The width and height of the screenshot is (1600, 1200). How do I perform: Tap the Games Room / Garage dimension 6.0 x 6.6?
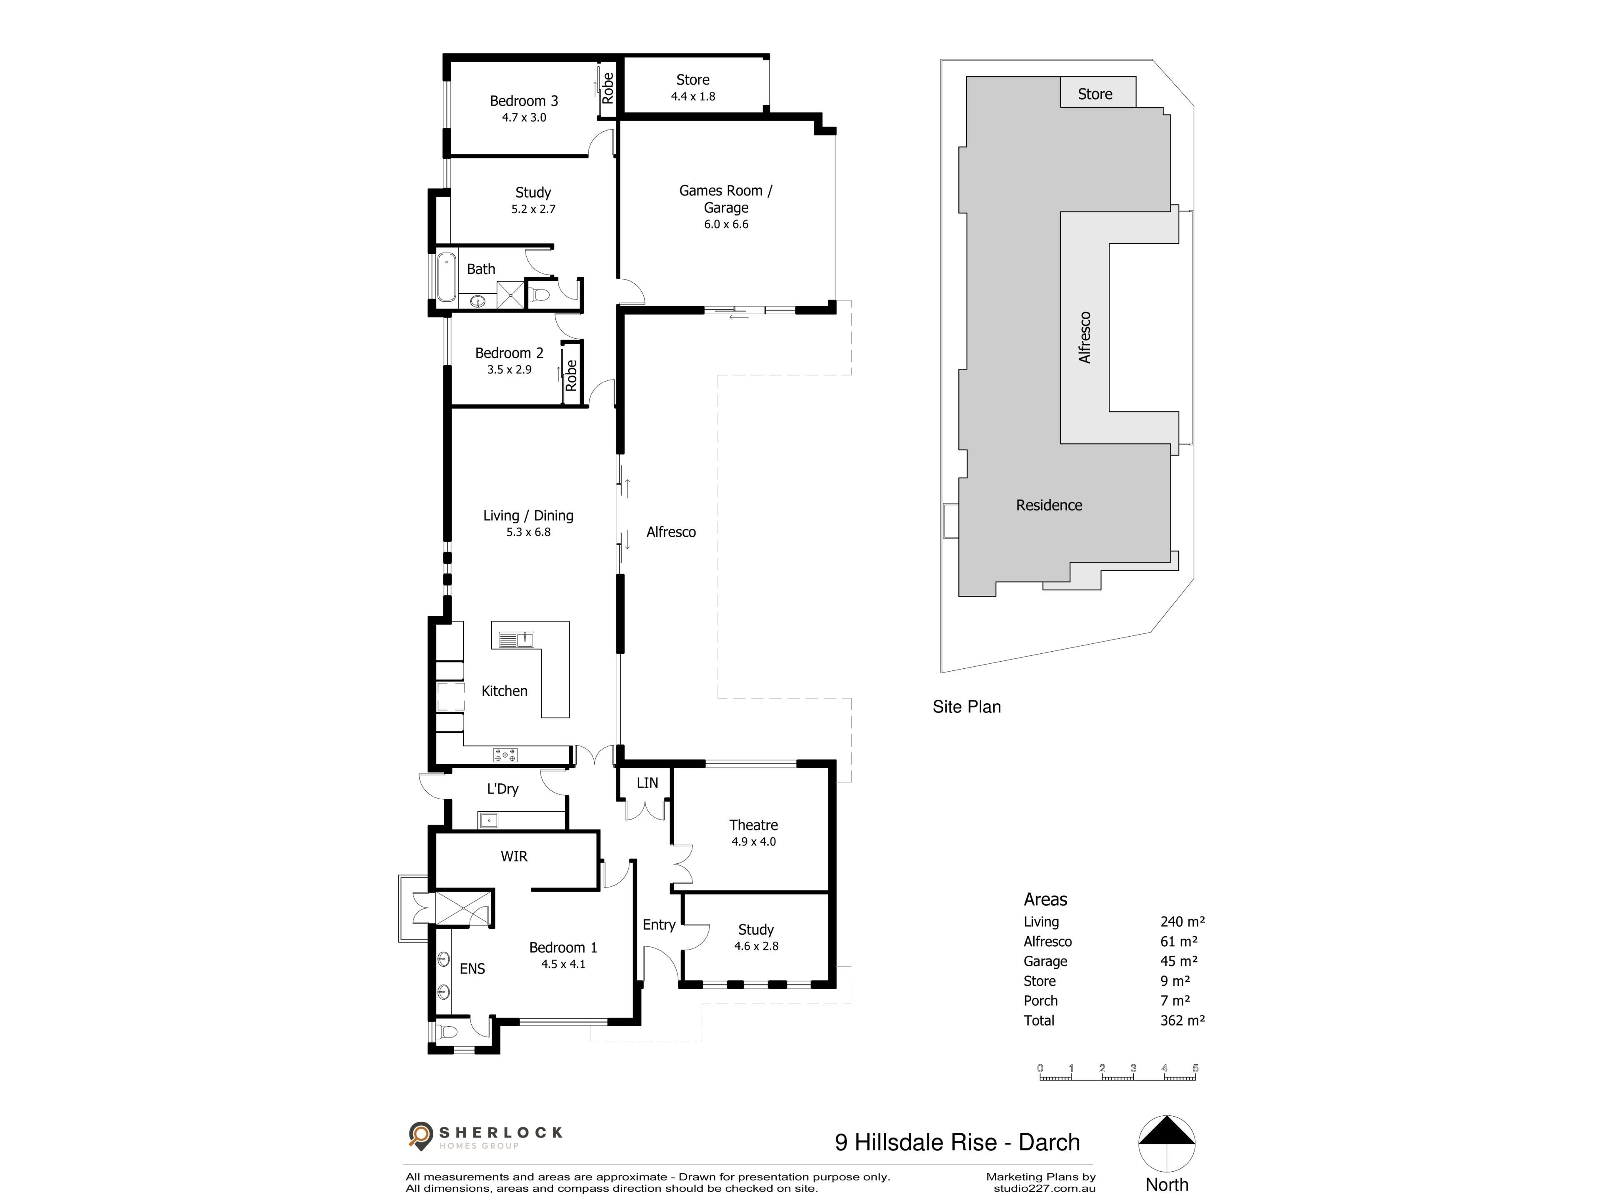[x=726, y=224]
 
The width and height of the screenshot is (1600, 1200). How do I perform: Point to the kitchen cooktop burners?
[x=505, y=755]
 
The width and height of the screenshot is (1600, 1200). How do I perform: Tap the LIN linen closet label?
[x=647, y=782]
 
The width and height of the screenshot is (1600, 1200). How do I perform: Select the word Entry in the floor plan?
[x=659, y=925]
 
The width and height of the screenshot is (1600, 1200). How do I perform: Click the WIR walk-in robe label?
[x=514, y=856]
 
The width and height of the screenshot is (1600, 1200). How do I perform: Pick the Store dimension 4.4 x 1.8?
[x=693, y=96]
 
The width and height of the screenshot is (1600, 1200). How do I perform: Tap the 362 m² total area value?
[x=1182, y=1020]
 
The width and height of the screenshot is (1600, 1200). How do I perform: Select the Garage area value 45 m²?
[x=1179, y=961]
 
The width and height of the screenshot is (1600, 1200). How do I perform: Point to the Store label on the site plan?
[x=1095, y=94]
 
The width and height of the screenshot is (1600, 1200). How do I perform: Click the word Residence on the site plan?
[x=1049, y=505]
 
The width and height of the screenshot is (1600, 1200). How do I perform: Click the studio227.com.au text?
[x=1045, y=1188]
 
